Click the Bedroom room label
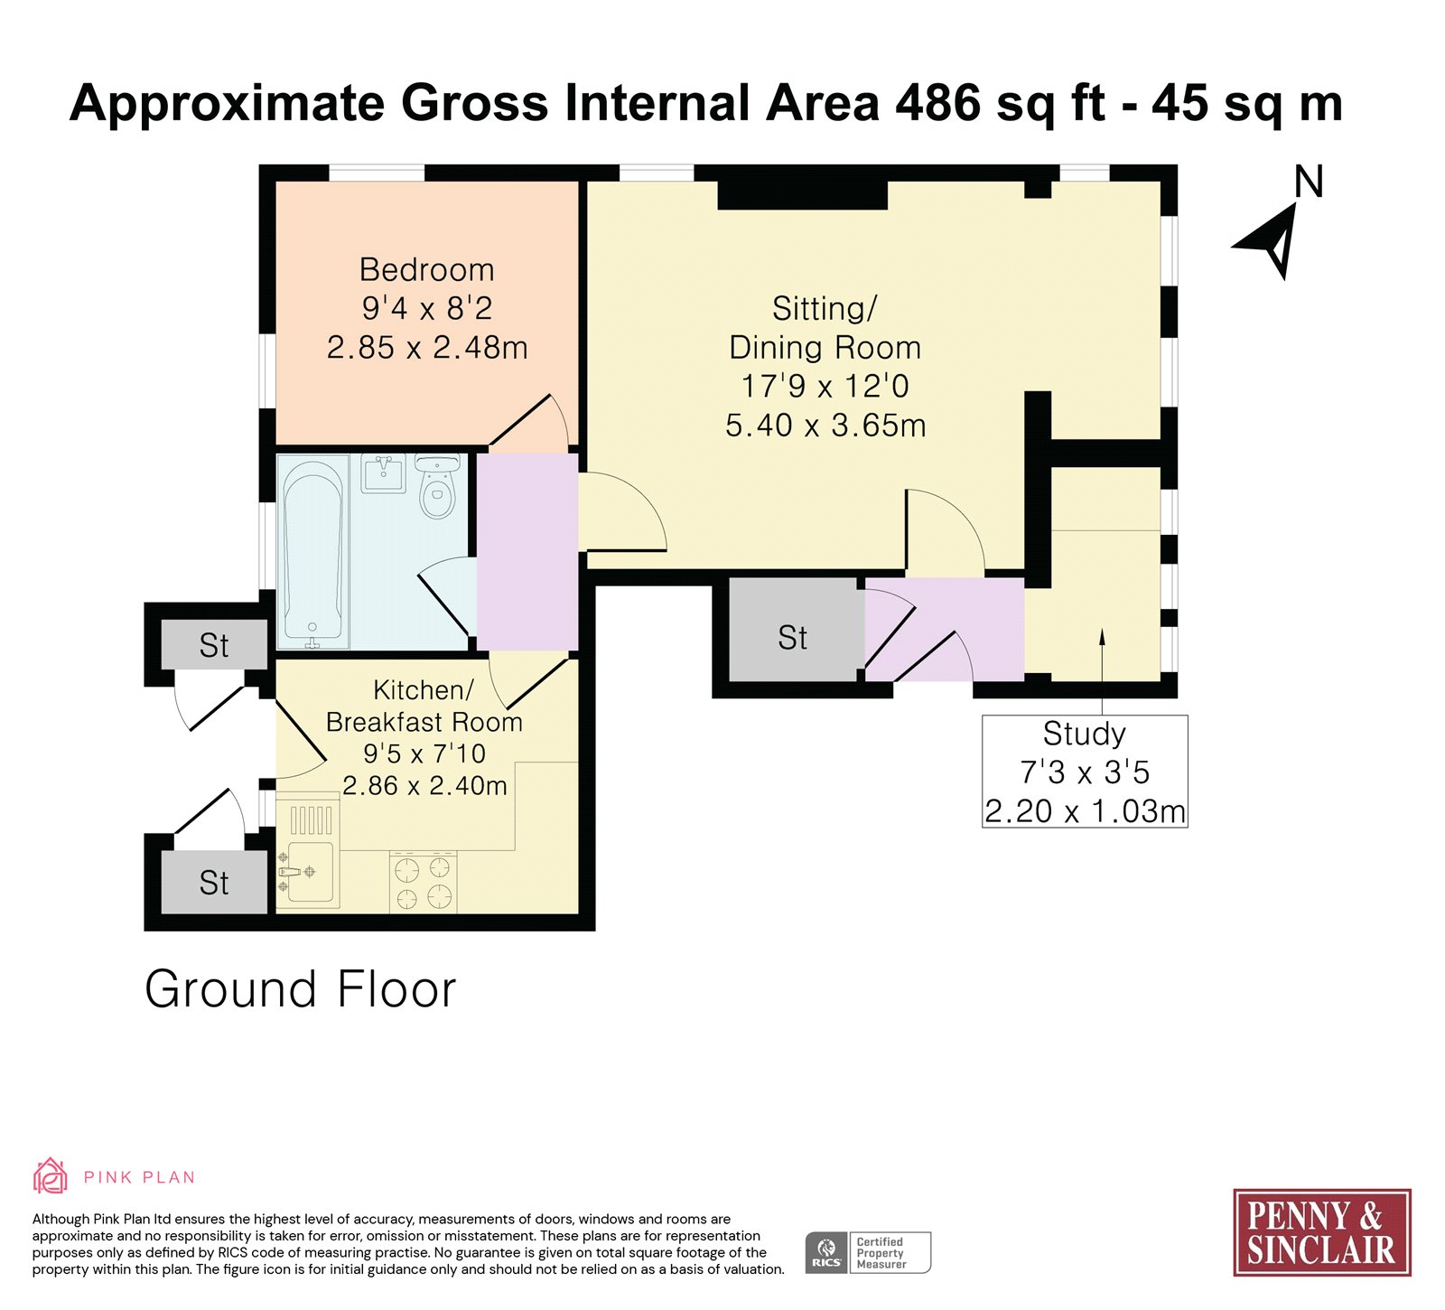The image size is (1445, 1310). [x=426, y=270]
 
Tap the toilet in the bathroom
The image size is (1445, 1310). [x=438, y=487]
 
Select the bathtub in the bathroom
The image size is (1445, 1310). [x=312, y=552]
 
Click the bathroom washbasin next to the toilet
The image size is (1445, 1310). [x=384, y=473]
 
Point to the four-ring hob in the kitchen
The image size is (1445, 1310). [x=424, y=882]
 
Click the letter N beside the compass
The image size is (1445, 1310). [x=1309, y=182]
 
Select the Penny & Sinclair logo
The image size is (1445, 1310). [x=1321, y=1232]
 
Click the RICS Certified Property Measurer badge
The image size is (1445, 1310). [x=868, y=1252]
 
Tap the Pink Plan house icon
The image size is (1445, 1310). [x=51, y=1176]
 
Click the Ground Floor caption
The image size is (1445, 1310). [x=301, y=989]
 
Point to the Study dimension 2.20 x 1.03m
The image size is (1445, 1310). [x=1085, y=811]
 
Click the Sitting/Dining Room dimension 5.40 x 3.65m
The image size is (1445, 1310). [x=825, y=426]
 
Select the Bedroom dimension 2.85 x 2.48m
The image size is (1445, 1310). [x=427, y=348]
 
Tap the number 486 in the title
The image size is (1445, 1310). [x=938, y=103]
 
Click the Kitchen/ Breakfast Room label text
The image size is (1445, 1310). [x=424, y=706]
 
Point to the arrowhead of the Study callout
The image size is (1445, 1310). [x=1102, y=636]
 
